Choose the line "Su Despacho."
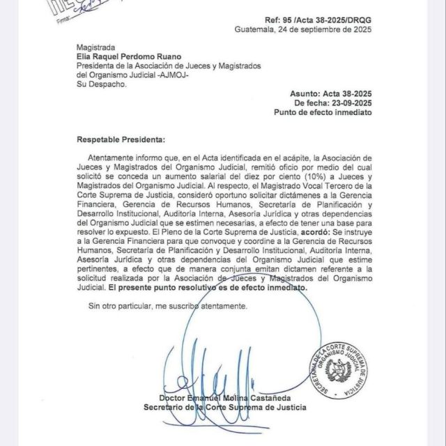pos(101,84)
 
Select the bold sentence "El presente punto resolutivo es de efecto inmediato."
pos(207,287)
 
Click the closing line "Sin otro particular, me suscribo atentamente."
pos(167,306)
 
